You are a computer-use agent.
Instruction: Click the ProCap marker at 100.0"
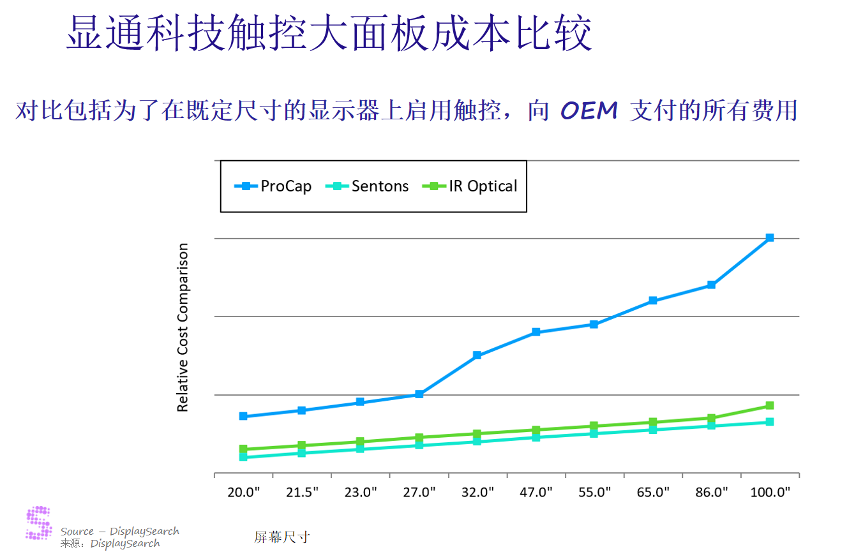tap(770, 237)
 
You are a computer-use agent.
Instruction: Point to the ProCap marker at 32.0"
tap(477, 355)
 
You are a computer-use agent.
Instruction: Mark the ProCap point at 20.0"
tap(243, 416)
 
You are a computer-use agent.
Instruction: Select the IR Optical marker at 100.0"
tap(770, 405)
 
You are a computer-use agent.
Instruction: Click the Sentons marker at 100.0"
tap(770, 422)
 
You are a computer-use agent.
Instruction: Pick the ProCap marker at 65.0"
tap(653, 301)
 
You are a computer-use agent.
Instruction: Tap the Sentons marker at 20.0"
tap(243, 457)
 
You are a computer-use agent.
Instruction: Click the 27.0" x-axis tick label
tap(419, 492)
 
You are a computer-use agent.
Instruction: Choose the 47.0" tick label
tap(536, 492)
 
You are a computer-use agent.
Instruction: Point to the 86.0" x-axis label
tap(712, 492)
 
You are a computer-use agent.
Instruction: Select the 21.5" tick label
tap(303, 492)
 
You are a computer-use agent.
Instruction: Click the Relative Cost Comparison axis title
tap(183, 327)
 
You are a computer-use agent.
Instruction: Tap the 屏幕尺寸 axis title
tap(281, 537)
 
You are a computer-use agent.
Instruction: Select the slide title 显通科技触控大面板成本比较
tap(329, 33)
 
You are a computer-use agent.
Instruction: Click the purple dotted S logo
tap(39, 523)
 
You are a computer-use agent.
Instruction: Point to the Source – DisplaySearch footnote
tap(120, 532)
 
